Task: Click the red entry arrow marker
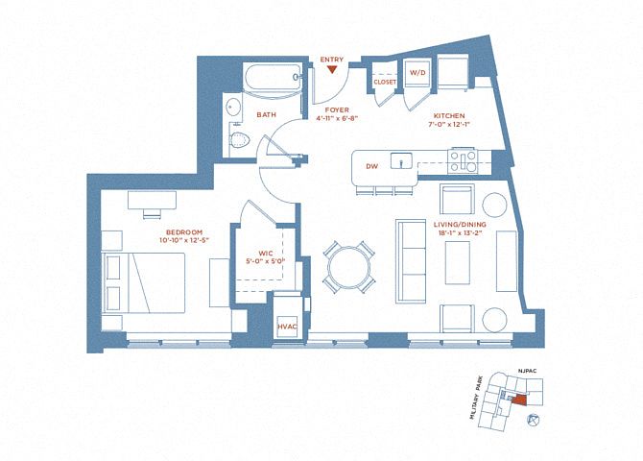tap(332, 70)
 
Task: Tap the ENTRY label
tap(332, 60)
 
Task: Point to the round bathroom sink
tap(233, 108)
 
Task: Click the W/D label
tap(417, 73)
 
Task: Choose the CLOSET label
tap(385, 82)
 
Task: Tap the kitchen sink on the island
tap(401, 160)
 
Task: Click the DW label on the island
tap(371, 166)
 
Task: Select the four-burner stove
tap(464, 161)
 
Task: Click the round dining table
tap(348, 268)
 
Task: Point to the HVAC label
tap(287, 327)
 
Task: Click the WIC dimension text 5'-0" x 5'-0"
tap(265, 260)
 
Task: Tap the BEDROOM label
tap(184, 232)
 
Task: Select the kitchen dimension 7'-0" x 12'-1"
tap(448, 124)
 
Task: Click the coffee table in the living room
tap(458, 262)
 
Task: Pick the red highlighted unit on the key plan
tap(519, 400)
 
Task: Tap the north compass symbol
tap(533, 420)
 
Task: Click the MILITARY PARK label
tap(477, 398)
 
